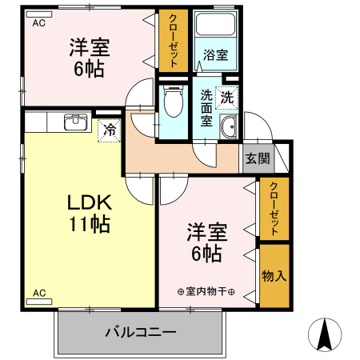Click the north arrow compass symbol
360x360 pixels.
click(325, 334)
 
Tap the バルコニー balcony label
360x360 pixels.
click(141, 332)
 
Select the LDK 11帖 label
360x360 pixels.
click(90, 214)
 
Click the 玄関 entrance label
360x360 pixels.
click(258, 158)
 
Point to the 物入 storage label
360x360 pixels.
click(274, 276)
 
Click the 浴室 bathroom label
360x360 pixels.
click(215, 54)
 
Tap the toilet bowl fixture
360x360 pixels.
click(174, 102)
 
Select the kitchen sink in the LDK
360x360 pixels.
click(76, 122)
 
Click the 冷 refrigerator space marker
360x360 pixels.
click(110, 130)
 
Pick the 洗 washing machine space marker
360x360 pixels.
click(226, 98)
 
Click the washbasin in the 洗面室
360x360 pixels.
click(229, 127)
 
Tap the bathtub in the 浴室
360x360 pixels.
click(215, 23)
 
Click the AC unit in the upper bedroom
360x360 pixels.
click(39, 14)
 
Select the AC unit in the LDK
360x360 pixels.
click(39, 302)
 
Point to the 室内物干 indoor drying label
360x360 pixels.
click(206, 291)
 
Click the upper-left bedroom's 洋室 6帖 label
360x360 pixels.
click(90, 58)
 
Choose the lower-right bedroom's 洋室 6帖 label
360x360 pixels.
click(206, 242)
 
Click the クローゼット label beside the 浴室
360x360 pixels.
click(174, 41)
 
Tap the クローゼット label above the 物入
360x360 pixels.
click(274, 209)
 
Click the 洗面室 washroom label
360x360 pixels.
click(206, 108)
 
